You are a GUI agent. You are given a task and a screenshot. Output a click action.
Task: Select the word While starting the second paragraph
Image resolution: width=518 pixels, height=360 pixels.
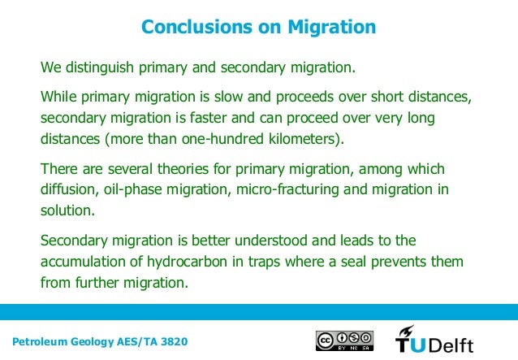pos(59,98)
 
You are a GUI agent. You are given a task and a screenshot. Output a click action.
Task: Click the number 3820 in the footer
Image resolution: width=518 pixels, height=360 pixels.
pos(178,340)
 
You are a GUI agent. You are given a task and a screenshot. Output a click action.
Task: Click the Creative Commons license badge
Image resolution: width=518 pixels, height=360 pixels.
pos(343,340)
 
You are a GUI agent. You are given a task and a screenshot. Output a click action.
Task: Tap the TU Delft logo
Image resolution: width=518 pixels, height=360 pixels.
pos(434,340)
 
